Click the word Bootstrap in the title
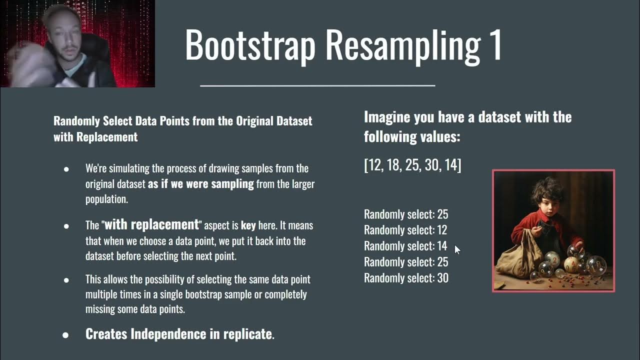pyautogui.click(x=250, y=45)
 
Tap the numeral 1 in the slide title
pyautogui.click(x=495, y=45)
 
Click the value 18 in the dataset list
pyautogui.click(x=393, y=165)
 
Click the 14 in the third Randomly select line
pyautogui.click(x=442, y=246)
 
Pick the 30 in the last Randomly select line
pyautogui.click(x=442, y=278)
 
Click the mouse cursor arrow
pyautogui.click(x=457, y=249)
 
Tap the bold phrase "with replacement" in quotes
pyautogui.click(x=151, y=224)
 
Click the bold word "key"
pyautogui.click(x=248, y=225)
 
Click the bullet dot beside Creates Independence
pyautogui.click(x=65, y=334)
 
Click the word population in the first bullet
pyautogui.click(x=106, y=199)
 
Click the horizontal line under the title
pyautogui.click(x=317, y=85)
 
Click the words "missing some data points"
pyautogui.click(x=135, y=309)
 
